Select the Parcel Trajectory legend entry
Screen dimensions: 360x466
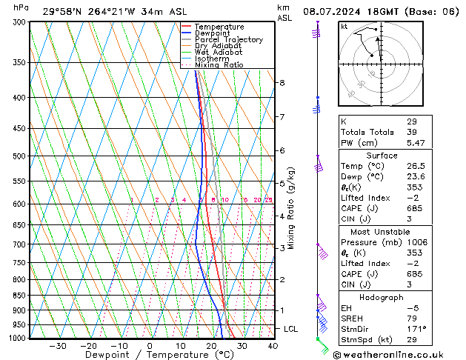(228, 40)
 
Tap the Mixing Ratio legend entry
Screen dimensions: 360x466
(219, 65)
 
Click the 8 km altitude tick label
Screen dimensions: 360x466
(282, 83)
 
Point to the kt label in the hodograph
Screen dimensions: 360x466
(344, 27)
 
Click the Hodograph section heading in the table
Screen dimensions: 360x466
(382, 297)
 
